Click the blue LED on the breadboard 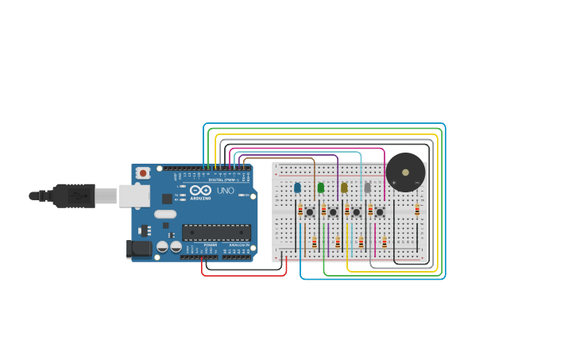click(297, 188)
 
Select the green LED click(321, 188)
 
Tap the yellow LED click(344, 188)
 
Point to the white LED click(367, 188)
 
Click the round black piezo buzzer click(405, 172)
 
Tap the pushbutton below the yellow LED click(356, 212)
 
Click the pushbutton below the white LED click(380, 212)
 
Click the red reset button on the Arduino click(143, 172)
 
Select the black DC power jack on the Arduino click(139, 249)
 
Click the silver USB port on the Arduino click(134, 195)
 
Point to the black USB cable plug click(75, 195)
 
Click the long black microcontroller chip click(216, 232)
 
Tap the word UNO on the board click(226, 191)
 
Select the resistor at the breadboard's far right click(417, 210)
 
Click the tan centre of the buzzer click(406, 171)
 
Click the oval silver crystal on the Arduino click(165, 214)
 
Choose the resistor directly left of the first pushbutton click(300, 211)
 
